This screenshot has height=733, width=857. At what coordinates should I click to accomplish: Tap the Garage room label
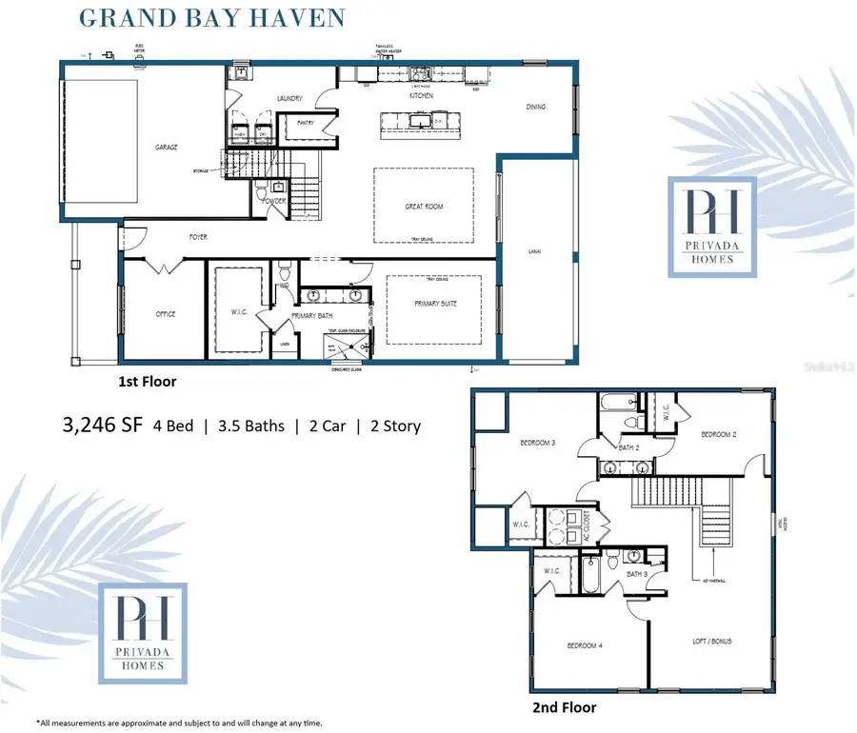[x=167, y=148]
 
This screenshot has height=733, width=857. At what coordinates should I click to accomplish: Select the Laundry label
[x=289, y=98]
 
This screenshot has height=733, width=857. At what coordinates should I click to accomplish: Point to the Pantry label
[x=306, y=123]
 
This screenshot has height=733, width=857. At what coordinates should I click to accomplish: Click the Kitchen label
[x=421, y=96]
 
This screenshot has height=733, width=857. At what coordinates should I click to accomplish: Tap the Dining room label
[x=536, y=107]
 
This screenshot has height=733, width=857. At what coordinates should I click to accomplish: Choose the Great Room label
[x=424, y=207]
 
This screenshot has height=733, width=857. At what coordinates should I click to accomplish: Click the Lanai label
[x=534, y=251]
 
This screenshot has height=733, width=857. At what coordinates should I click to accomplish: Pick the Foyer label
[x=198, y=237]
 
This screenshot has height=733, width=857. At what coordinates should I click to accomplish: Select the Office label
[x=166, y=314]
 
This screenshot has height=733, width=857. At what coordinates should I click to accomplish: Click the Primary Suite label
[x=433, y=306]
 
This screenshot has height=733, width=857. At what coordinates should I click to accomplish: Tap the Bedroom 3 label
[x=538, y=444]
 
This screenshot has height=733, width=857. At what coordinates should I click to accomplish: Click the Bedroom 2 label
[x=720, y=434]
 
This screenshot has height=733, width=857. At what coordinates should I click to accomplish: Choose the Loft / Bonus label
[x=712, y=642]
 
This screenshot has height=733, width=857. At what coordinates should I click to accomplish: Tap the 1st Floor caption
[x=147, y=381]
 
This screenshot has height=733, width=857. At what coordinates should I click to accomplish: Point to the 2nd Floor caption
[x=564, y=707]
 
